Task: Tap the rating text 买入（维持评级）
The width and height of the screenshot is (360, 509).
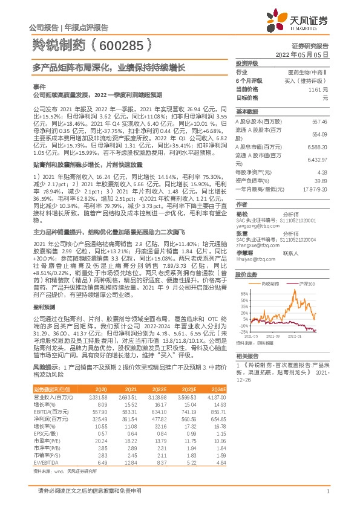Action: click(309, 80)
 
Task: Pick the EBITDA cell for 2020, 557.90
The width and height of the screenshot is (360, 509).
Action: click(97, 410)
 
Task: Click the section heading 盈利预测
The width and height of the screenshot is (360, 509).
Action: click(43, 307)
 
